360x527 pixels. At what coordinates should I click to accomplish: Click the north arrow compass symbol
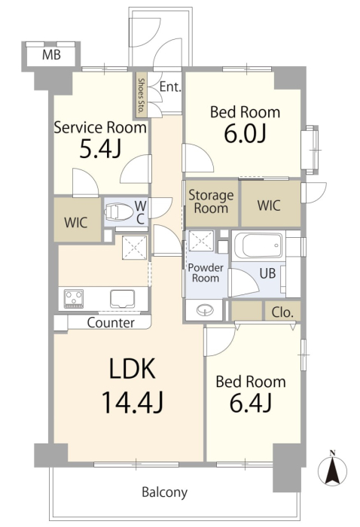click(x=332, y=468)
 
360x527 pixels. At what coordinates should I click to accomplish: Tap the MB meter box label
click(x=51, y=54)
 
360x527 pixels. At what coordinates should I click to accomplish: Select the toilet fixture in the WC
click(x=118, y=212)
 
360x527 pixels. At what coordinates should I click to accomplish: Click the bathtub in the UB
click(x=258, y=245)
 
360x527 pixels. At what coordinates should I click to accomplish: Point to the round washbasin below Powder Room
click(x=205, y=310)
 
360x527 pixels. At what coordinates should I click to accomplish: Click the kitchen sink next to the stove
click(x=123, y=299)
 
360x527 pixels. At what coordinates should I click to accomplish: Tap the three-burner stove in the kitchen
click(x=74, y=299)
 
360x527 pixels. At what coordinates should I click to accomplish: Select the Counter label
click(x=111, y=323)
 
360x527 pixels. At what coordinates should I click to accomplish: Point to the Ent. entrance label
click(x=170, y=87)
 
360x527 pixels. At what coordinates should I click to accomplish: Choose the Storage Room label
click(x=211, y=202)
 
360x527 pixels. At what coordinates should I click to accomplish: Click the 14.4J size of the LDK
click(x=133, y=402)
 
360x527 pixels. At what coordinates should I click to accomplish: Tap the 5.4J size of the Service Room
click(x=100, y=148)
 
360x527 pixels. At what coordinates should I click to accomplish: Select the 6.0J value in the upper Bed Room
click(x=245, y=133)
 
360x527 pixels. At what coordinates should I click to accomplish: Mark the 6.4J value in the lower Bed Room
click(x=251, y=403)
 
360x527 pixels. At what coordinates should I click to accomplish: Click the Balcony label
click(x=165, y=492)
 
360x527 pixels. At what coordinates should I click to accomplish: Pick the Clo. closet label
click(x=282, y=312)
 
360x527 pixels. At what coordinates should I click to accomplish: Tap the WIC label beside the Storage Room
click(x=269, y=206)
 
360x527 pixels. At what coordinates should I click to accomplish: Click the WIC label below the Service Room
click(x=76, y=223)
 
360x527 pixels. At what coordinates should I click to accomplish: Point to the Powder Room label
click(x=206, y=273)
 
